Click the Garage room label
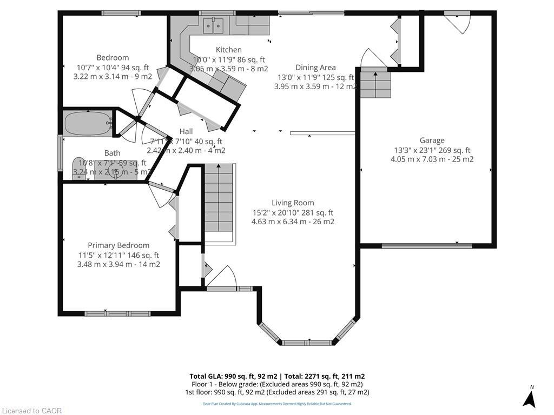tap(432, 140)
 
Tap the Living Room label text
tap(293, 203)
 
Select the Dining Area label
tap(315, 68)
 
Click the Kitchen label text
tap(228, 50)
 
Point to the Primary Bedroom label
tap(118, 245)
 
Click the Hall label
tap(186, 131)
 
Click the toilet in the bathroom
tap(79, 168)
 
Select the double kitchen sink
tap(213, 24)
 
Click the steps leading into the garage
tap(375, 84)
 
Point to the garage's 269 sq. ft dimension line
tap(432, 150)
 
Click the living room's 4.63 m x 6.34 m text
tap(293, 222)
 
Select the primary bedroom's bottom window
tap(117, 313)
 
